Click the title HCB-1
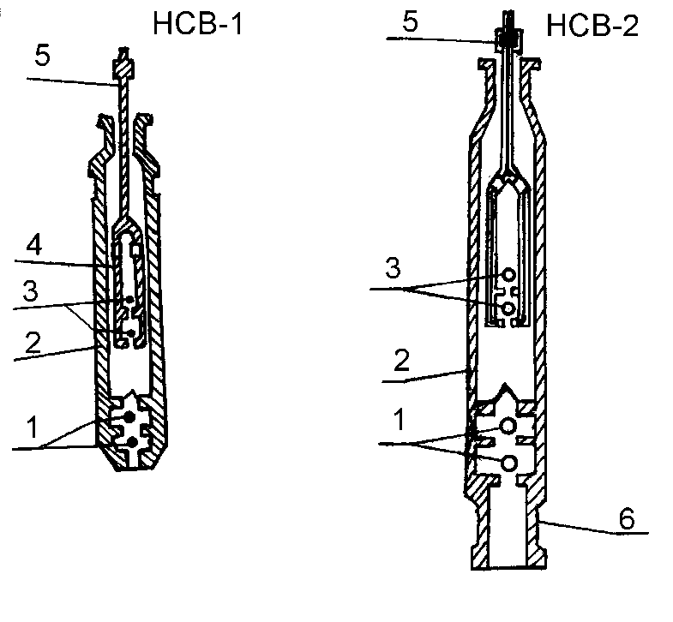click(x=198, y=24)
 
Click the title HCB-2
click(x=592, y=26)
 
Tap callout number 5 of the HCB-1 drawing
click(x=42, y=56)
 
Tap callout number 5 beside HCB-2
click(x=410, y=21)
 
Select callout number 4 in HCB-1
click(x=34, y=245)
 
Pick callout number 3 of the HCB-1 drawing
click(x=31, y=290)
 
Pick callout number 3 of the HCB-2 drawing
click(x=393, y=267)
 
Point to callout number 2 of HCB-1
click(x=33, y=343)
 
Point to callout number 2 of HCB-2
click(x=401, y=360)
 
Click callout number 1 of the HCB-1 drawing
click(x=33, y=428)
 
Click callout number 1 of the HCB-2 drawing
click(x=400, y=419)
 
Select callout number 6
click(x=627, y=518)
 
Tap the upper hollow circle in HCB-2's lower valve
click(x=508, y=426)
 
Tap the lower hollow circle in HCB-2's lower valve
click(x=508, y=464)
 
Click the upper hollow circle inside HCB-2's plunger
click(x=508, y=274)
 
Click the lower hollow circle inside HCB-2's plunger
click(x=508, y=308)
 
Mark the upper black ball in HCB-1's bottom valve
click(x=129, y=416)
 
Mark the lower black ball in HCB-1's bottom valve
click(x=133, y=442)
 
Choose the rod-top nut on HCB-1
click(x=123, y=68)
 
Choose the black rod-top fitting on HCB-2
click(x=509, y=39)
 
